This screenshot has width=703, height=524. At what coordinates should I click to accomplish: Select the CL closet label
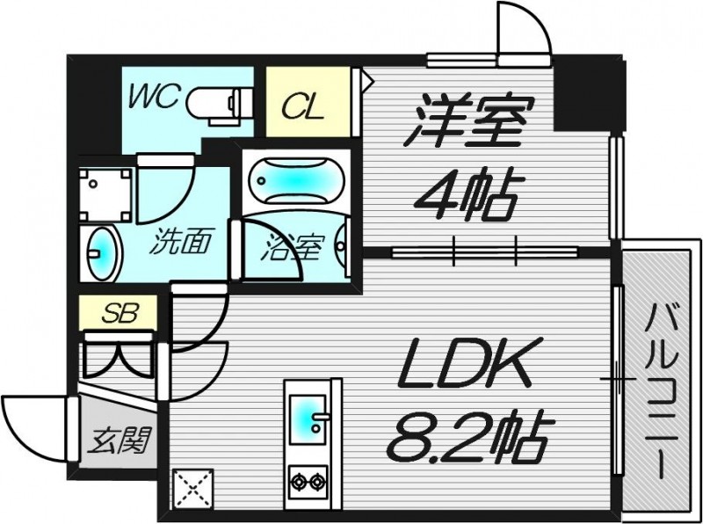[304, 110]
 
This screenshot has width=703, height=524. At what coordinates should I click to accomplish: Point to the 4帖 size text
[466, 195]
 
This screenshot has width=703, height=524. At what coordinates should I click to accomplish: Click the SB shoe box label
[119, 313]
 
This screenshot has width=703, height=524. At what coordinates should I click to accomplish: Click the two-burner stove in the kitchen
[308, 481]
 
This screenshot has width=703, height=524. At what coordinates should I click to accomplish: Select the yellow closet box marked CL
[304, 101]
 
